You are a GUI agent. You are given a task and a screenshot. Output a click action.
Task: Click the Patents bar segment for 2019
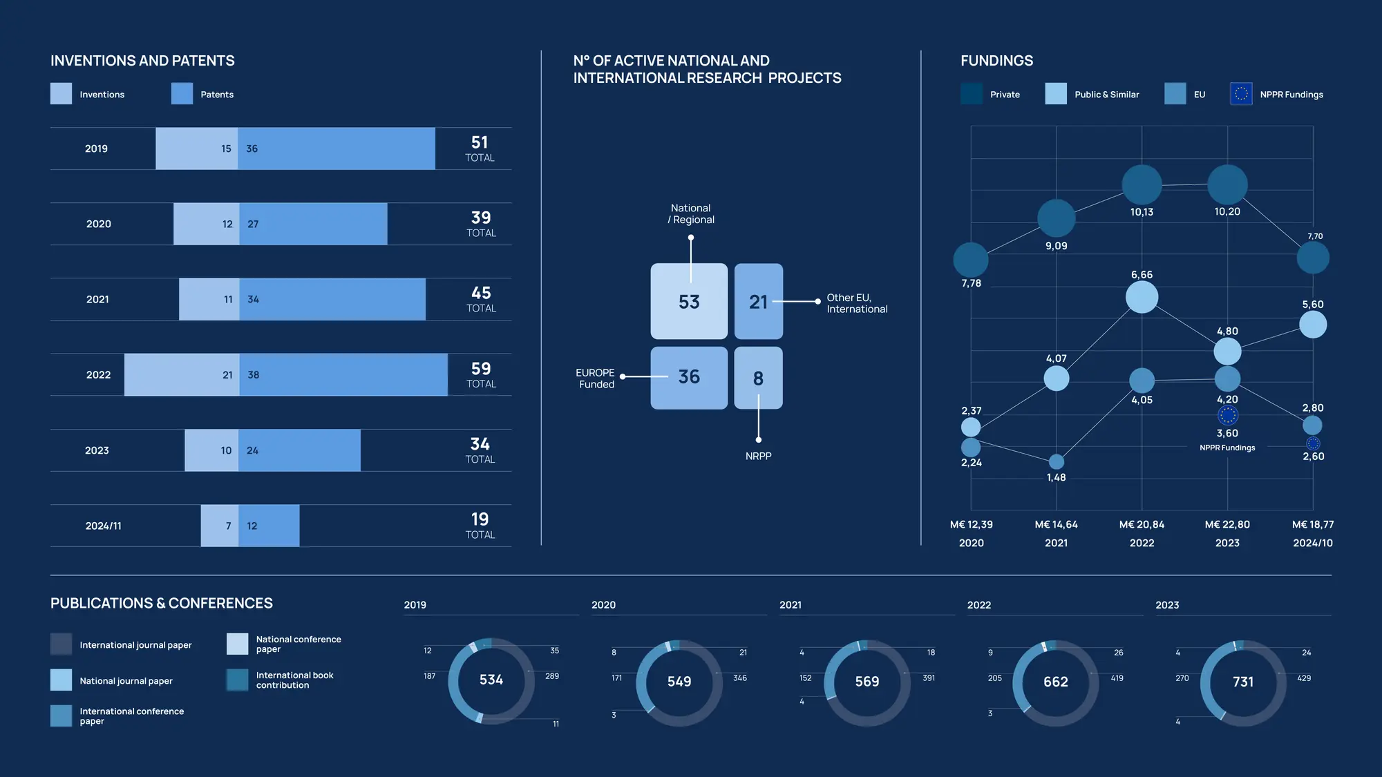[337, 148]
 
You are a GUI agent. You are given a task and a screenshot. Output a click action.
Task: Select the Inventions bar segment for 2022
[182, 375]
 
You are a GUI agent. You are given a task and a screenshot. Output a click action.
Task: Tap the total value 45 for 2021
[481, 294]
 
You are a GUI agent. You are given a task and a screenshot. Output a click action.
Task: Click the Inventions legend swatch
[61, 94]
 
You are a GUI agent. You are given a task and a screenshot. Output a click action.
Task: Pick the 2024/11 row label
[103, 526]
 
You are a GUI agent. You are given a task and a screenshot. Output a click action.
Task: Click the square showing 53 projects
[689, 302]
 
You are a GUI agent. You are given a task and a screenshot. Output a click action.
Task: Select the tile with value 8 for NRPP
[758, 378]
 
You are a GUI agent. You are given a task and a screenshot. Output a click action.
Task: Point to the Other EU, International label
[857, 303]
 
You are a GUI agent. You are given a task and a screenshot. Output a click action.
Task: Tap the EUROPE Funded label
[596, 378]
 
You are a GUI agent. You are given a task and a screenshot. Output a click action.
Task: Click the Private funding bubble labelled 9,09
[1056, 218]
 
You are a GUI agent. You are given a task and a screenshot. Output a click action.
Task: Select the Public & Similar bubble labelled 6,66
[1142, 297]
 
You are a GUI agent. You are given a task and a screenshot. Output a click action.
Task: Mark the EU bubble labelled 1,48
[1056, 461]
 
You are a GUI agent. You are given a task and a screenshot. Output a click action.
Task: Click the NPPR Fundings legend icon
[1241, 94]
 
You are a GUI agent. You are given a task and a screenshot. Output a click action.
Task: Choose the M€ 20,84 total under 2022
[1142, 525]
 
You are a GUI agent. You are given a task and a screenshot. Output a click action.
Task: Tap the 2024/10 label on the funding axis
[1313, 544]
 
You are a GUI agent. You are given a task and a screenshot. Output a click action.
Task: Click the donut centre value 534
[491, 680]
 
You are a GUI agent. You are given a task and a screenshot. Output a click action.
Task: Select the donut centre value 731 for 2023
[1243, 682]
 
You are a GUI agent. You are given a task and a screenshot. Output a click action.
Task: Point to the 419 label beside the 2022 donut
[1117, 678]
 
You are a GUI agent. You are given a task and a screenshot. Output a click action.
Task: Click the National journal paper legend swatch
[61, 680]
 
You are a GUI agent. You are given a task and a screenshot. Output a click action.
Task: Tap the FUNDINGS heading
[996, 61]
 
